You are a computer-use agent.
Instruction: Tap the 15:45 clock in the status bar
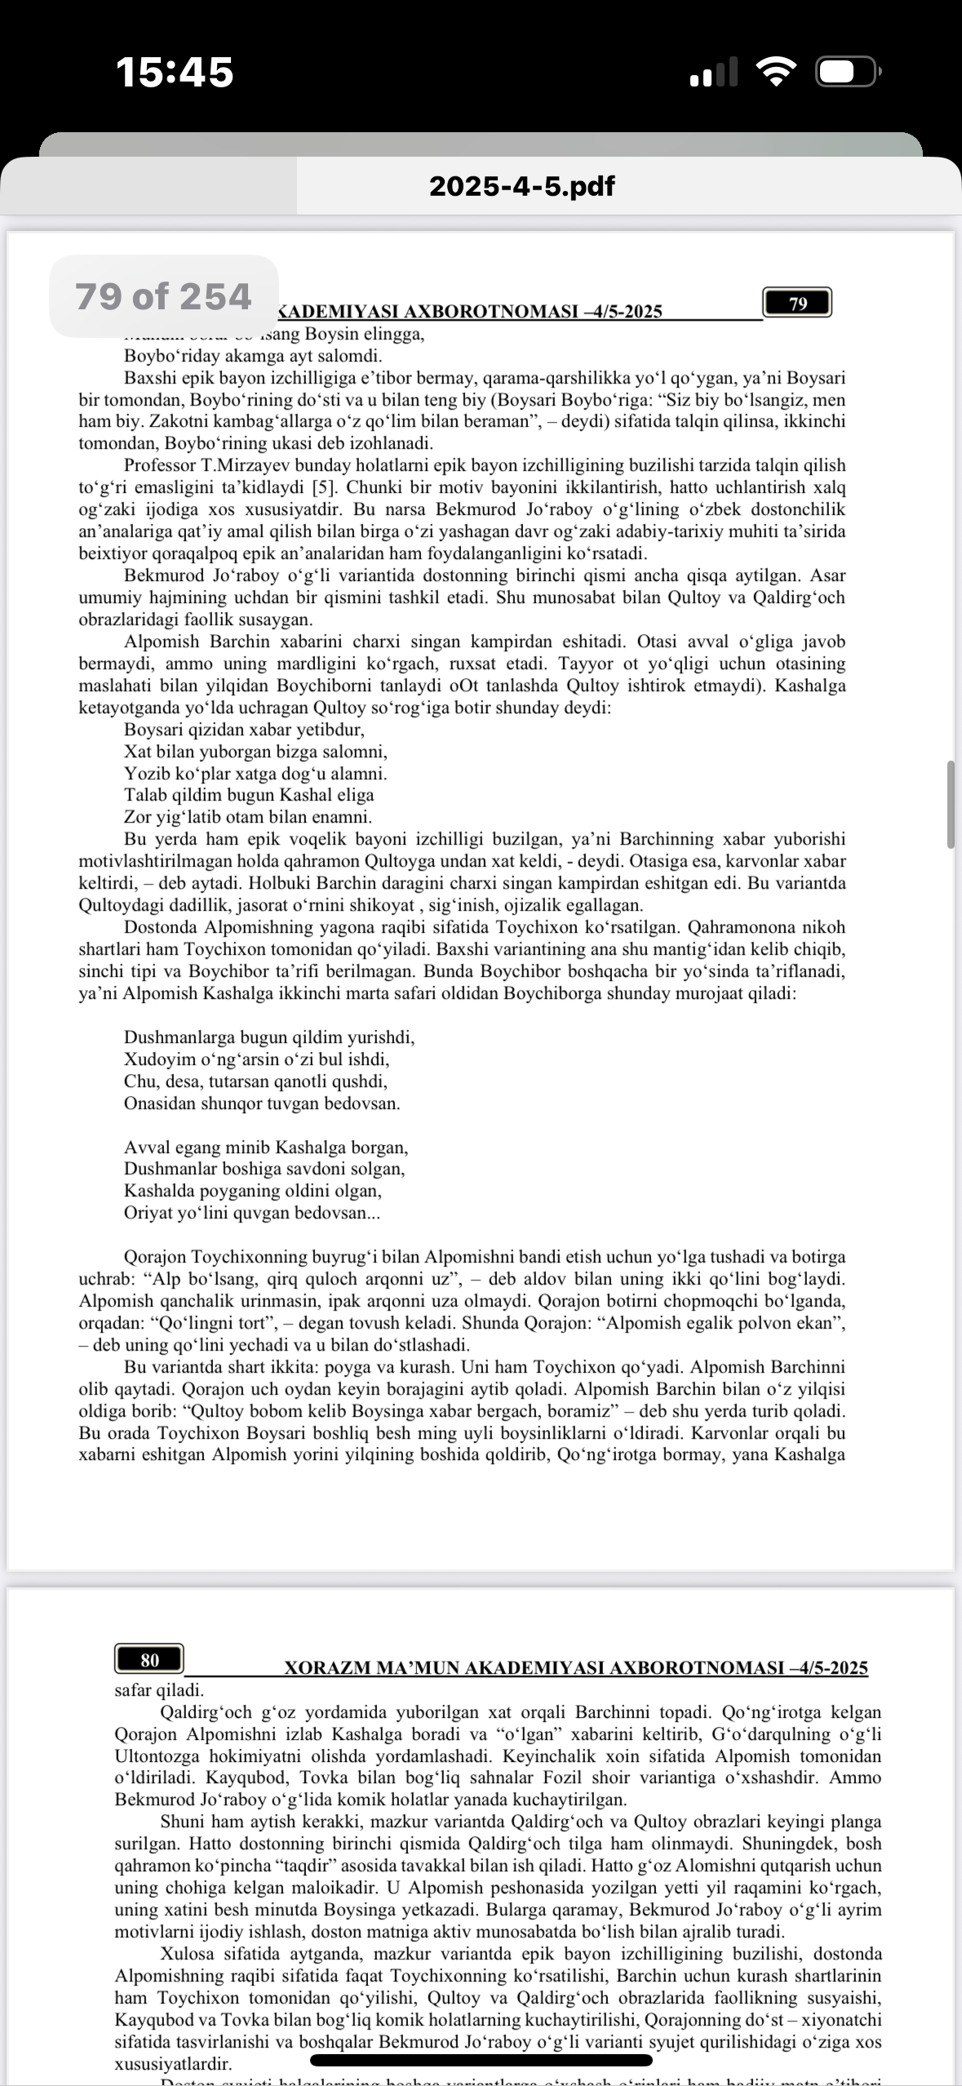[175, 72]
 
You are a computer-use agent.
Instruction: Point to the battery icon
[846, 73]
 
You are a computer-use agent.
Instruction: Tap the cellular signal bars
[713, 73]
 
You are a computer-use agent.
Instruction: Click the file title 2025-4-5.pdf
[521, 186]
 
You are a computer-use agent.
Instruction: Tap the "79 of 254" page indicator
[163, 296]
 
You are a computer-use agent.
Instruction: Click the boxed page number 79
[797, 304]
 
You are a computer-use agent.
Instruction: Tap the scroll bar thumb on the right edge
[950, 805]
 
